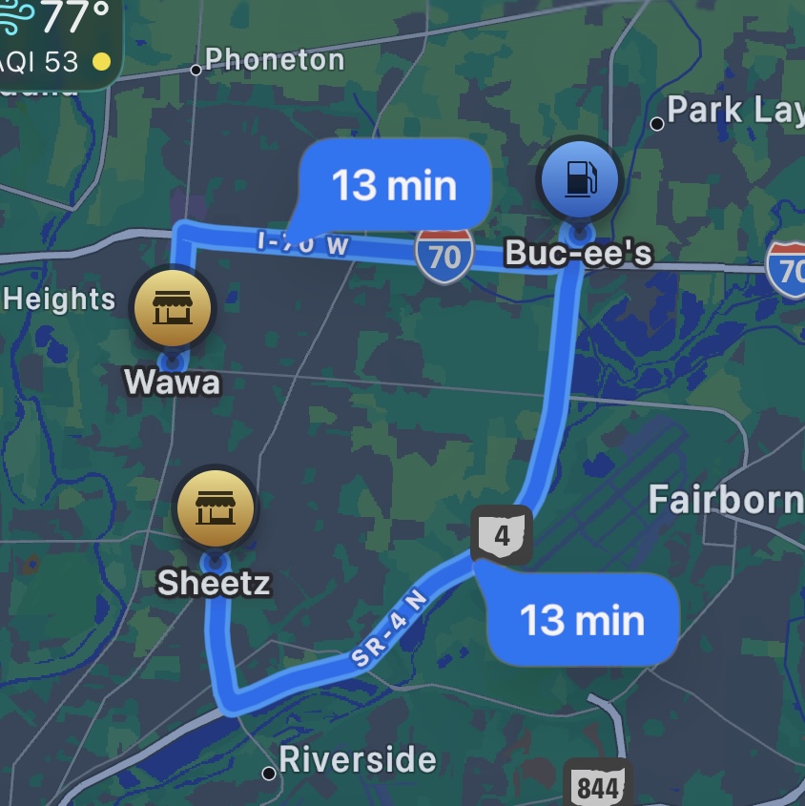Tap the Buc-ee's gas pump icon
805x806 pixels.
579,180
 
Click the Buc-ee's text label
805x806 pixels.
578,253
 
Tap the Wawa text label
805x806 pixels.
172,382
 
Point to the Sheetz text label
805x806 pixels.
214,583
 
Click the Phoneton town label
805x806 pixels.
275,60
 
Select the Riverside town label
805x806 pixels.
358,760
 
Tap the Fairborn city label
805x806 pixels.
725,499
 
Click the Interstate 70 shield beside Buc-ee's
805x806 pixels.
444,256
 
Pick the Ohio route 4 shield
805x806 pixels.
502,534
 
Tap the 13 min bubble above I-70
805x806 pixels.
394,185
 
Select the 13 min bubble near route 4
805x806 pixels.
582,621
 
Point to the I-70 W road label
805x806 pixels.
303,243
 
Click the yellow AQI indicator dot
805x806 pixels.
100,63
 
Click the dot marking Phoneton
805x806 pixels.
196,69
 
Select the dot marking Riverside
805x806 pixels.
269,773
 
